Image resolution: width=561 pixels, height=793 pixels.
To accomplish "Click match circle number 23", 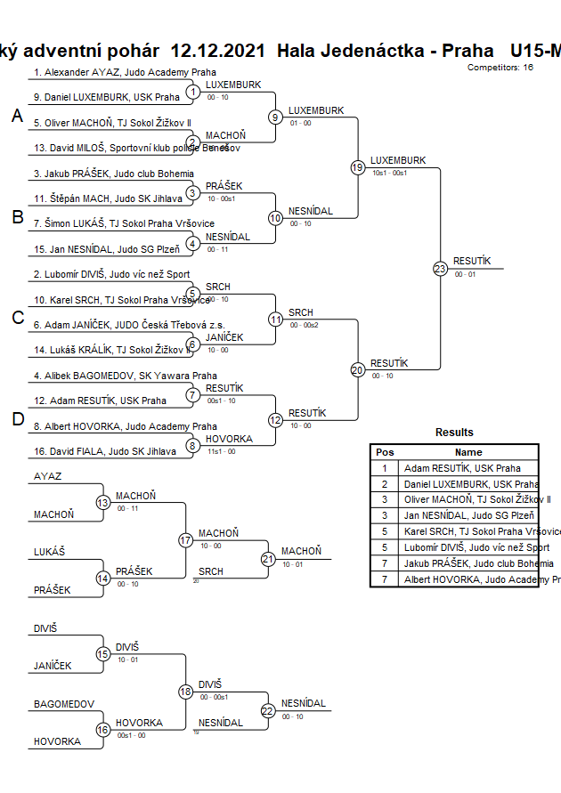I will coord(440,268).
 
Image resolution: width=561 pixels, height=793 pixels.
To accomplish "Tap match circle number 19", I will coord(358,167).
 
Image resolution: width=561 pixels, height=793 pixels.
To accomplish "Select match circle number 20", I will coord(358,370).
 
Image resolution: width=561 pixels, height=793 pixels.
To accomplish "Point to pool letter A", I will coord(17,116).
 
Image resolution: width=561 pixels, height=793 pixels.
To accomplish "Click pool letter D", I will coord(17,420).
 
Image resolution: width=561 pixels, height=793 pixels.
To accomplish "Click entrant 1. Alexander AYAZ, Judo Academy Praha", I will coord(125,72).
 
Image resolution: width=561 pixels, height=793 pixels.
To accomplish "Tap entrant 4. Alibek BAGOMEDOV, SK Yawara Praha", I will coord(125,376).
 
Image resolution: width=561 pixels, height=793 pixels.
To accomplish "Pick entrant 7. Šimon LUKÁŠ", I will coord(124,223).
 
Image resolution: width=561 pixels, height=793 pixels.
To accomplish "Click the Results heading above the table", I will coord(454,433).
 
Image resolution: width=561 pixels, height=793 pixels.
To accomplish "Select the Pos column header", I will coord(385,452).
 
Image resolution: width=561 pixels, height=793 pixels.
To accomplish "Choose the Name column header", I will coord(468,452).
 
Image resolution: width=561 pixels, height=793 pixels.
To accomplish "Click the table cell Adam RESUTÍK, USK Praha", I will coord(462,468).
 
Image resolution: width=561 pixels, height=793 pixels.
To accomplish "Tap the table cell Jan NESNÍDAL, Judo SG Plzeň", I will coord(470,516).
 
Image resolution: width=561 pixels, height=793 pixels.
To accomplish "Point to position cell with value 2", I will coord(385,484).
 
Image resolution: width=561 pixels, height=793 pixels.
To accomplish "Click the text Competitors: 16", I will coord(500,67).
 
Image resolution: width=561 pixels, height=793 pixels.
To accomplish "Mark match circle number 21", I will coord(268,559).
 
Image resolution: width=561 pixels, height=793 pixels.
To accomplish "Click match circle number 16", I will coord(102,730).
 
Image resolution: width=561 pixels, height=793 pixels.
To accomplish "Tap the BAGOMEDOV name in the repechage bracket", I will coord(64,704).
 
